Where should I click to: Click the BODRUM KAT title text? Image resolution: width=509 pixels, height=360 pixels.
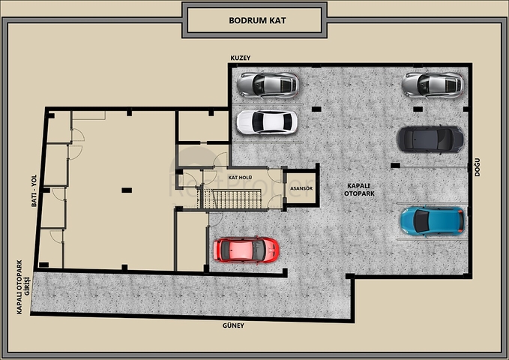pos(257,20)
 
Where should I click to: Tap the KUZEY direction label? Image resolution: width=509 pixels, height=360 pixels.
pos(241,58)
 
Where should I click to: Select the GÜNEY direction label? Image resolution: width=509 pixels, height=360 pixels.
pos(233,325)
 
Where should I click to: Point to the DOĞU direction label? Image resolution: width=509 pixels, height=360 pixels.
pos(477,167)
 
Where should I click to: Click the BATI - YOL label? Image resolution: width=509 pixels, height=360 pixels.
pos(34,190)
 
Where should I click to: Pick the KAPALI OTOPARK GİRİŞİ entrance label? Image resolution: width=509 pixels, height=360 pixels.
pos(22,287)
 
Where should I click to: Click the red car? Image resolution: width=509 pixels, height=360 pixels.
pos(246,250)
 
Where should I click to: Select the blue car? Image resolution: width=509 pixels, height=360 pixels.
pos(433,221)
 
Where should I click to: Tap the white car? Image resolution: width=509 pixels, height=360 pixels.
pos(267,122)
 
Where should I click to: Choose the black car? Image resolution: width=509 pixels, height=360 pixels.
pos(430,139)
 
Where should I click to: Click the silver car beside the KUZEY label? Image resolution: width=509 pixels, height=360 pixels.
pos(268,85)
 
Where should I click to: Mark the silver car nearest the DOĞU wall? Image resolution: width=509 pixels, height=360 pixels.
pos(433,85)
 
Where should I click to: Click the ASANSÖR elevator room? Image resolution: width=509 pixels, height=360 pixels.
pos(301,188)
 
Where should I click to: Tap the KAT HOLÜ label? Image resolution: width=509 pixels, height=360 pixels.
pos(240,178)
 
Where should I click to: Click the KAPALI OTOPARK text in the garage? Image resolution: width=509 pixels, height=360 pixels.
pos(359,190)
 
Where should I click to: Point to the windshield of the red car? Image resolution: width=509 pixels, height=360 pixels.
pos(259,250)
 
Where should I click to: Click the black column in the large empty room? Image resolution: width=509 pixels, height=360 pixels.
pos(127,190)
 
